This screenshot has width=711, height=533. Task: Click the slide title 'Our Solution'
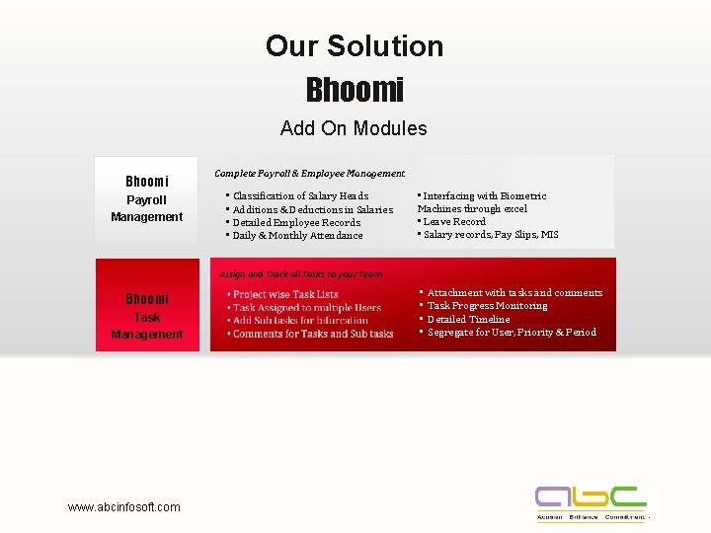tap(355, 46)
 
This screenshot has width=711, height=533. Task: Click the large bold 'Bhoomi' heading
tap(355, 90)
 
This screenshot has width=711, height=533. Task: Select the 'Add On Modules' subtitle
tap(354, 128)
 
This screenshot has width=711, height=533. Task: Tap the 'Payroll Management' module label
tap(146, 208)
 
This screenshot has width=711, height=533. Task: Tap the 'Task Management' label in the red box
tap(146, 326)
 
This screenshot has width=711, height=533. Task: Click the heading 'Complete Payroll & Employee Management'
tap(309, 173)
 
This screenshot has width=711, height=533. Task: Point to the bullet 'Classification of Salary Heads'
tap(300, 195)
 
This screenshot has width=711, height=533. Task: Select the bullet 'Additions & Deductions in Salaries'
tap(312, 209)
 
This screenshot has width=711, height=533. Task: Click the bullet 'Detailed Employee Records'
tap(296, 222)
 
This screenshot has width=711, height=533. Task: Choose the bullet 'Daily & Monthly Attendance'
tap(297, 235)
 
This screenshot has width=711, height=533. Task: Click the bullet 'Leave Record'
tap(454, 221)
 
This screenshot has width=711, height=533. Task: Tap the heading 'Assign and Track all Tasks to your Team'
tap(300, 273)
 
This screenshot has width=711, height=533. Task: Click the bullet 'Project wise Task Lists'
tap(285, 294)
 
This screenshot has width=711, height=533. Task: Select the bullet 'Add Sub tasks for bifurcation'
tap(300, 320)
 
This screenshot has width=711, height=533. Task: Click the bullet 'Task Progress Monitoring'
tap(487, 306)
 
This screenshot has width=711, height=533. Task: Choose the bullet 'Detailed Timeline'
tap(468, 319)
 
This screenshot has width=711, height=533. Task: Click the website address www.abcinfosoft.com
tap(124, 507)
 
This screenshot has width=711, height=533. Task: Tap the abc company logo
tap(591, 503)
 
